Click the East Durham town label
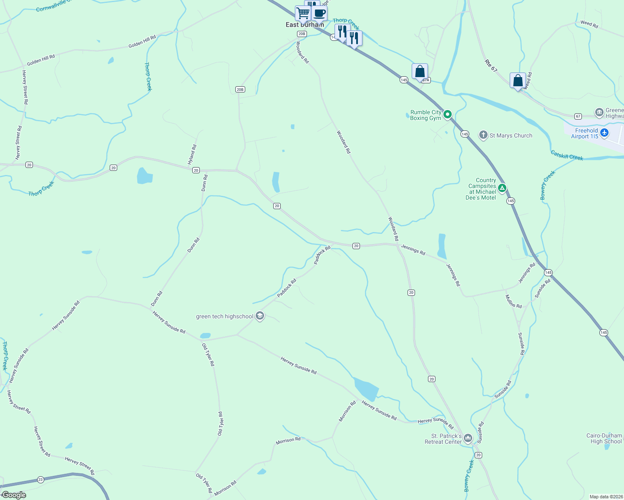click(304, 25)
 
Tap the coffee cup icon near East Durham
click(320, 13)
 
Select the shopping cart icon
click(303, 13)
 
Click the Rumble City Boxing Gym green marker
click(448, 114)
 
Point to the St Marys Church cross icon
click(483, 135)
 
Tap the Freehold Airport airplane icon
click(604, 133)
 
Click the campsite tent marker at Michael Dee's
click(503, 188)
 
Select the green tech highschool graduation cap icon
click(260, 316)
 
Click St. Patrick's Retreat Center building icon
click(468, 438)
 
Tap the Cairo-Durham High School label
click(604, 438)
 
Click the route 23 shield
click(40, 480)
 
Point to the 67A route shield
click(425, 80)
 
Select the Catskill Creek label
click(567, 155)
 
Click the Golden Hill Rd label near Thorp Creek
click(142, 41)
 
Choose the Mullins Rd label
click(513, 301)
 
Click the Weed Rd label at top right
click(589, 24)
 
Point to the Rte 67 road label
click(491, 65)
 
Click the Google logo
click(14, 495)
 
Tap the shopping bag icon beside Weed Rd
click(518, 80)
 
